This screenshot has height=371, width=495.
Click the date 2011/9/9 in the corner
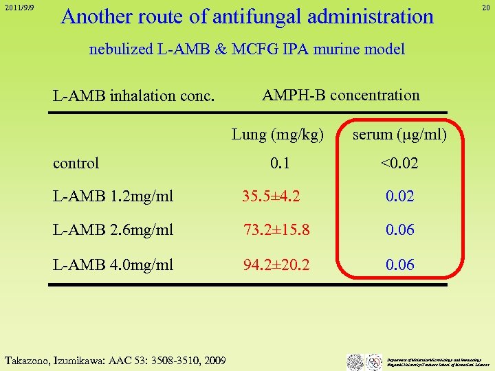18,8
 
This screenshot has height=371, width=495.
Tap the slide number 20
485,8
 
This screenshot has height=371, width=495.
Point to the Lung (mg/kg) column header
278,134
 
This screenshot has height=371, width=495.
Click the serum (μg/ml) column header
399,134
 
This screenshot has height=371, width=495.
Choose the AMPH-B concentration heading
341,95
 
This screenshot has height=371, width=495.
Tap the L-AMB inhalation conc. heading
133,96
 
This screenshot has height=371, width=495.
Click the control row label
76,163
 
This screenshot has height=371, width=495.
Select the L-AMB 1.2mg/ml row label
113,196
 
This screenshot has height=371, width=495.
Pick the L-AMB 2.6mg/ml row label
113,230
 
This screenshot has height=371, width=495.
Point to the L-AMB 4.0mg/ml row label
113,265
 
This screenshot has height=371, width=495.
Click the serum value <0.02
399,164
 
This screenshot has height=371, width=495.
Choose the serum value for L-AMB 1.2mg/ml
399,196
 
